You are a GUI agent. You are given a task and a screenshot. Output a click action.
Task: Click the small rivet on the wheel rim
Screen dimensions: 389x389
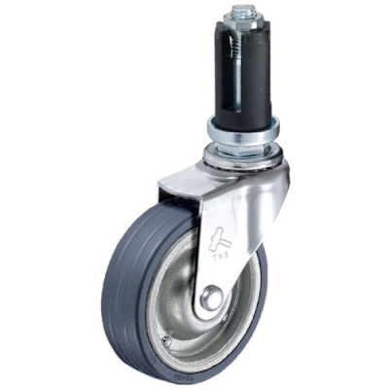pos(167,340)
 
